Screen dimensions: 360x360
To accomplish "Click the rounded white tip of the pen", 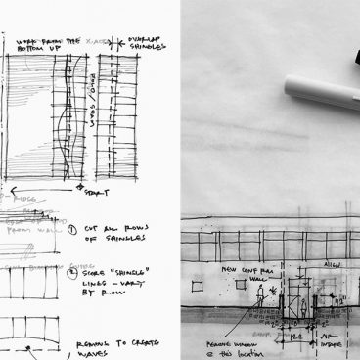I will pyautogui.click(x=290, y=85).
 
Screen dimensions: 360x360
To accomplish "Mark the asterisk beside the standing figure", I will pyautogui.click(x=274, y=292).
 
